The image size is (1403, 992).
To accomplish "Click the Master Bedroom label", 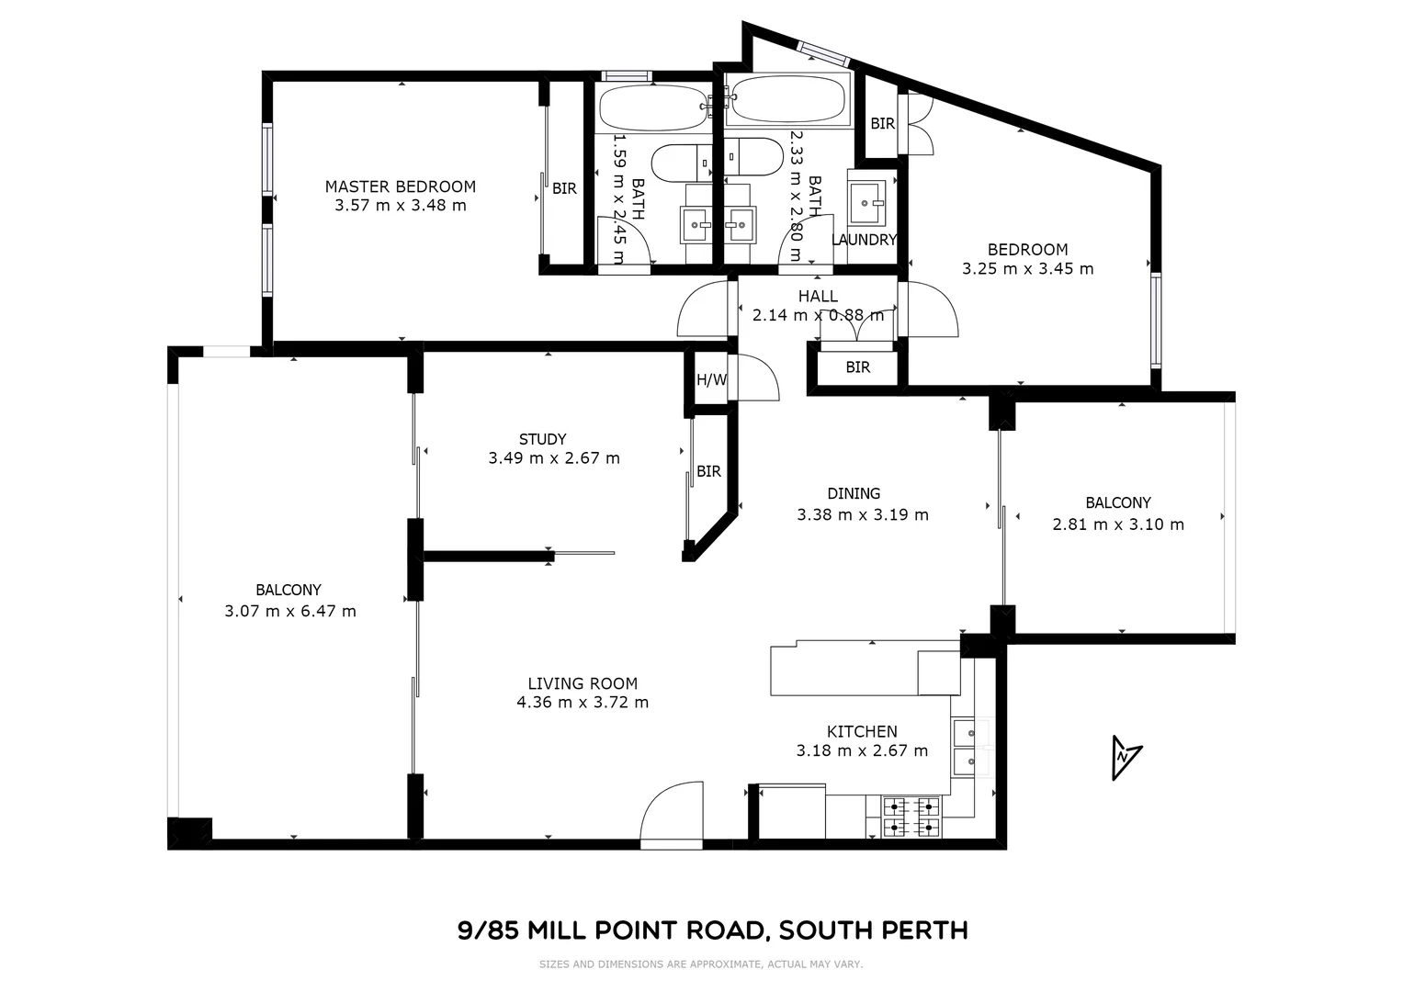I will [x=400, y=186].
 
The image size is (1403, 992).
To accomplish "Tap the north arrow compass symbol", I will [x=1125, y=757].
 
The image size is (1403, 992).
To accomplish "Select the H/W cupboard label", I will [x=711, y=379].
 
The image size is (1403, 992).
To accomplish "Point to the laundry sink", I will [x=866, y=201].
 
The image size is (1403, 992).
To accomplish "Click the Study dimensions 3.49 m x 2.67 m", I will [x=553, y=457].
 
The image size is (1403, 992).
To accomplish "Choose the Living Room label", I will [x=583, y=683].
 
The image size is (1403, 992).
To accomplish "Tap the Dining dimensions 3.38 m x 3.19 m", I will [x=862, y=514].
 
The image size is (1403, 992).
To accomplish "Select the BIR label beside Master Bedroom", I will [x=564, y=188].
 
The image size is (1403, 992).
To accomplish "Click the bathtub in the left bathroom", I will [x=653, y=108].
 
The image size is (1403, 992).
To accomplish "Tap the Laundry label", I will [x=864, y=240].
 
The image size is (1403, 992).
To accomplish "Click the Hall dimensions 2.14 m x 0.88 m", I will [x=818, y=315].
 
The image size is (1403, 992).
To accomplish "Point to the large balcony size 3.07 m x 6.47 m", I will [x=289, y=611].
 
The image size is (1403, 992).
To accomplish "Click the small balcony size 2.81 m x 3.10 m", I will [x=1117, y=524].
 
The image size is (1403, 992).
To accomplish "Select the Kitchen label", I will [x=862, y=731].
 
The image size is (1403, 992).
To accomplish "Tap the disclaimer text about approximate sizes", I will [x=700, y=964].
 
